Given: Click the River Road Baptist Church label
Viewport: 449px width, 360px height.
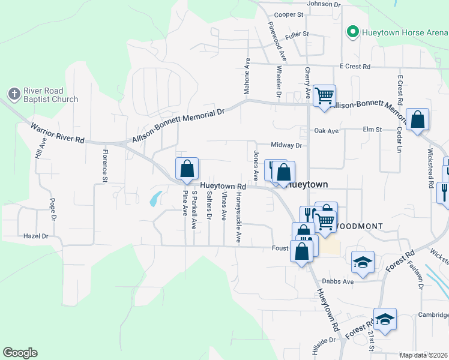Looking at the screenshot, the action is [50, 95].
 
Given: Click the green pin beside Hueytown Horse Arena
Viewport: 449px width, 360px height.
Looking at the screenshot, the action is [353, 32].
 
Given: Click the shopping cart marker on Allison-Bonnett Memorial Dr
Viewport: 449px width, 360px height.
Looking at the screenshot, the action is [324, 95].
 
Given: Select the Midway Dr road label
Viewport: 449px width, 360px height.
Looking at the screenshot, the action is [286, 145].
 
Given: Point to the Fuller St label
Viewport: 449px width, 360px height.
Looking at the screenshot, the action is [297, 34].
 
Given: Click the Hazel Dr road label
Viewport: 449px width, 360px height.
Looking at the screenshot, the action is [35, 236].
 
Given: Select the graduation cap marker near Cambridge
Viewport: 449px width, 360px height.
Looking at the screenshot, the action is [385, 318].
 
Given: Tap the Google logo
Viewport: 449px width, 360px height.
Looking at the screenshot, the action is [20, 353].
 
